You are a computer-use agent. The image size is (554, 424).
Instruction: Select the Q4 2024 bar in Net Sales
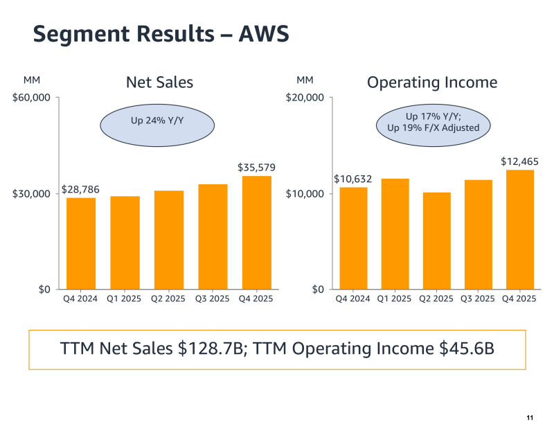click(x=81, y=243)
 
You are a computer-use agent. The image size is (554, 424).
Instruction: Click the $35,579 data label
click(x=256, y=168)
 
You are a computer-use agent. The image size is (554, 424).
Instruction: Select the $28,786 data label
click(x=81, y=188)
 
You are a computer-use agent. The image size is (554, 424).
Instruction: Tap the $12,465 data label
click(x=520, y=161)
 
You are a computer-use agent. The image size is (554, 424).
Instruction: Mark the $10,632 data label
click(x=353, y=179)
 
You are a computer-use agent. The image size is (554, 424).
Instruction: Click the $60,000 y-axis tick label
click(x=32, y=98)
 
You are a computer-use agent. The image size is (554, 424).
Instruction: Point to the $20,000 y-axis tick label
click(x=305, y=98)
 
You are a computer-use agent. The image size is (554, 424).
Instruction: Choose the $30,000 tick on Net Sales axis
click(x=32, y=193)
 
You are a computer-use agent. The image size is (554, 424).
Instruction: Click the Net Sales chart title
click(x=159, y=82)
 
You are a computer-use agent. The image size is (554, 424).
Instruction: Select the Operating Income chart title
click(x=432, y=82)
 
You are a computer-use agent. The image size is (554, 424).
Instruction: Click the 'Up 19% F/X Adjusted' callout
click(x=433, y=127)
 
